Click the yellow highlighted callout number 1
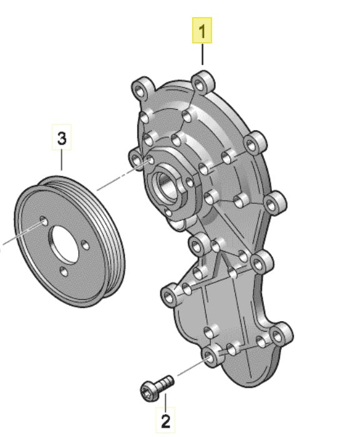point(202,31)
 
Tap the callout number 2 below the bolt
point(165,421)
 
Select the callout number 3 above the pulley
point(62,138)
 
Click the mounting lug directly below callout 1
point(203,82)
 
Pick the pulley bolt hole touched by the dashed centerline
point(44,221)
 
